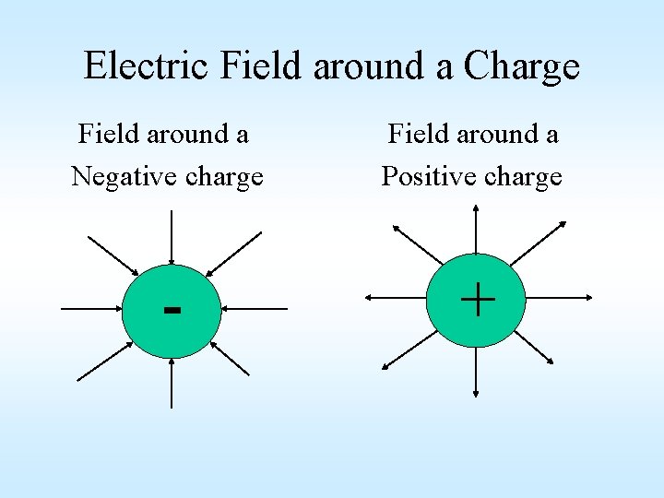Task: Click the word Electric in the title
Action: tap(148, 66)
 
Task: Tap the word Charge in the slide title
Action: tap(522, 66)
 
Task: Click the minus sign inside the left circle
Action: tap(172, 309)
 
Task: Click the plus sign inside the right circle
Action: tap(477, 300)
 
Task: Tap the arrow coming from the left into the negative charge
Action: tap(92, 309)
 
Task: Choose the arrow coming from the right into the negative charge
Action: tap(255, 309)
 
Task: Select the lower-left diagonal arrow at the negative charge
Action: tap(107, 359)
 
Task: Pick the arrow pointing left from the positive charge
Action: tap(397, 298)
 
